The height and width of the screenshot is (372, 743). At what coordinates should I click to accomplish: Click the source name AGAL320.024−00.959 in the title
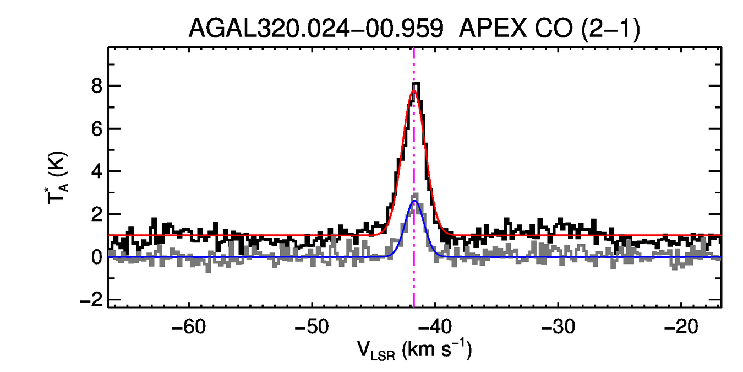click(316, 29)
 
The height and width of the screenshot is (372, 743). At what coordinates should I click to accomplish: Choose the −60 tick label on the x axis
click(189, 327)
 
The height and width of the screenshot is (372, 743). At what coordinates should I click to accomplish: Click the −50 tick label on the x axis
click(312, 327)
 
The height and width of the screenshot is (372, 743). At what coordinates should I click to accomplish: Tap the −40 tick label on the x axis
click(435, 327)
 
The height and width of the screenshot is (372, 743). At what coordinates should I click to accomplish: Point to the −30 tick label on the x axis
click(558, 327)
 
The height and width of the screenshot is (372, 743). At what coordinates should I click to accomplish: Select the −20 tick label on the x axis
click(681, 327)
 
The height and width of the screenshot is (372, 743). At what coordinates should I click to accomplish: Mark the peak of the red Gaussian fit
click(414, 90)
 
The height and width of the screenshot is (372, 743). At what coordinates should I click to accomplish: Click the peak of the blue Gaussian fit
click(414, 202)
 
